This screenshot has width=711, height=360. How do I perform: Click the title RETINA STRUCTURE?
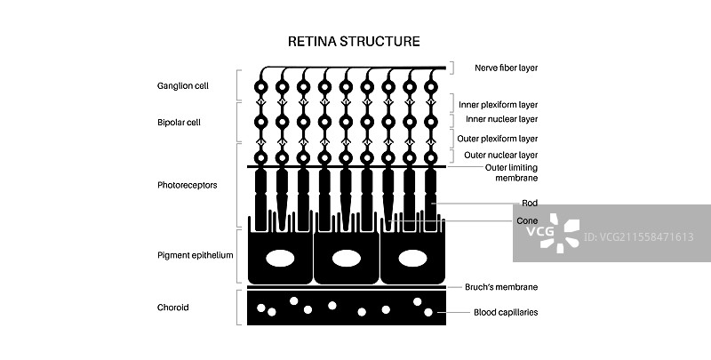point(355,41)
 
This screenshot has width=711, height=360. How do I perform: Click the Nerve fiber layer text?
point(506,68)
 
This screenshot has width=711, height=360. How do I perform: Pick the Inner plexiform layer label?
point(505,103)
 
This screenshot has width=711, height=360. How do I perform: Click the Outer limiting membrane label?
point(511,172)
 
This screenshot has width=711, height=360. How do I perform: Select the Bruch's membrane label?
point(501,287)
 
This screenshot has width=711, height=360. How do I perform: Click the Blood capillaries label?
point(505,312)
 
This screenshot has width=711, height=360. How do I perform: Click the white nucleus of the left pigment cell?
point(281,259)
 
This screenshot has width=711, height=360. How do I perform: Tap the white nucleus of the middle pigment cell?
point(347,259)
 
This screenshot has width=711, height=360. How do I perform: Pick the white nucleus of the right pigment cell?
point(412,259)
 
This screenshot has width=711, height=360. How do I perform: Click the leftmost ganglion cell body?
point(260,87)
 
